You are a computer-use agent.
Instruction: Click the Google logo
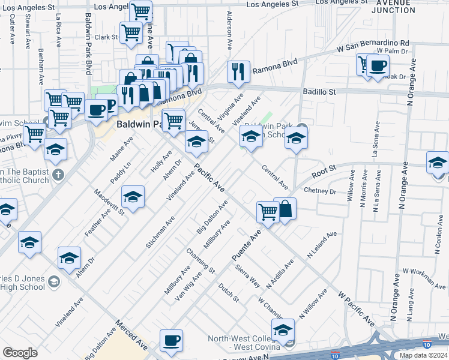20,353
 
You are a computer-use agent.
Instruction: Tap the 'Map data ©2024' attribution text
423,355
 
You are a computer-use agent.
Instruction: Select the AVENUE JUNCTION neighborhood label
393,6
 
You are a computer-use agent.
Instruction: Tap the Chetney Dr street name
320,191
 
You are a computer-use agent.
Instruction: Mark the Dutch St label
229,292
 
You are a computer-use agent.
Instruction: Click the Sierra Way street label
247,275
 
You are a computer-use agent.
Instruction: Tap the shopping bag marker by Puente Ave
285,209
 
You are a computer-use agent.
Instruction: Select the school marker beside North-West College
283,329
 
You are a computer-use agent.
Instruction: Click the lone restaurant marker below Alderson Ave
238,71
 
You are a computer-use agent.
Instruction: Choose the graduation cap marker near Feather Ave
133,196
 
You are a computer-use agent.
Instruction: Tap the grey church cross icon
57,175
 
